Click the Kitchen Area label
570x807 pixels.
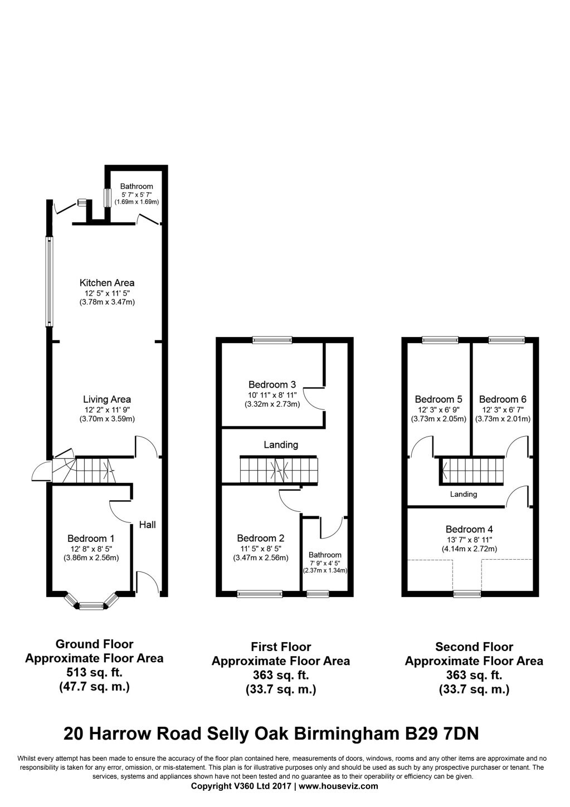tap(107, 283)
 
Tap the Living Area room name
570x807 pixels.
tap(107, 399)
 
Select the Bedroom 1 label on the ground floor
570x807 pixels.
tap(91, 539)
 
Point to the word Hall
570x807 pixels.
tap(147, 525)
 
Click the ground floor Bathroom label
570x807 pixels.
tap(137, 187)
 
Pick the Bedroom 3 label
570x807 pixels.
tap(272, 385)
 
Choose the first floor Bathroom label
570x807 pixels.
tap(325, 555)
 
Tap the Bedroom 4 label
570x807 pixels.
tap(469, 530)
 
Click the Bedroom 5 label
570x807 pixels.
tap(439, 399)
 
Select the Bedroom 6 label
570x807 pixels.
tap(503, 399)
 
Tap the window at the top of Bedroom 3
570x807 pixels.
tap(272, 340)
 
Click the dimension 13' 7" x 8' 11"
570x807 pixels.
tap(469, 540)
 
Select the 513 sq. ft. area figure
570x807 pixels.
tap(94, 673)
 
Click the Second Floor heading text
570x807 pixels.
tap(474, 647)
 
